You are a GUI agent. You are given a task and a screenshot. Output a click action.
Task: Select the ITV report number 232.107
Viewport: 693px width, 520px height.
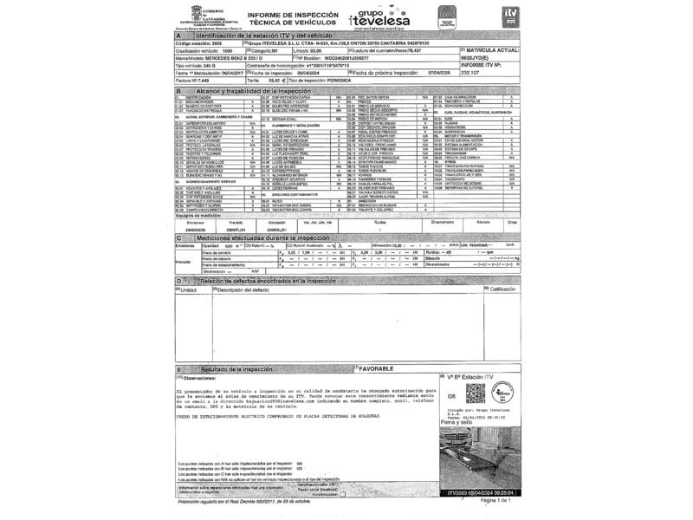tap(472, 73)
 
